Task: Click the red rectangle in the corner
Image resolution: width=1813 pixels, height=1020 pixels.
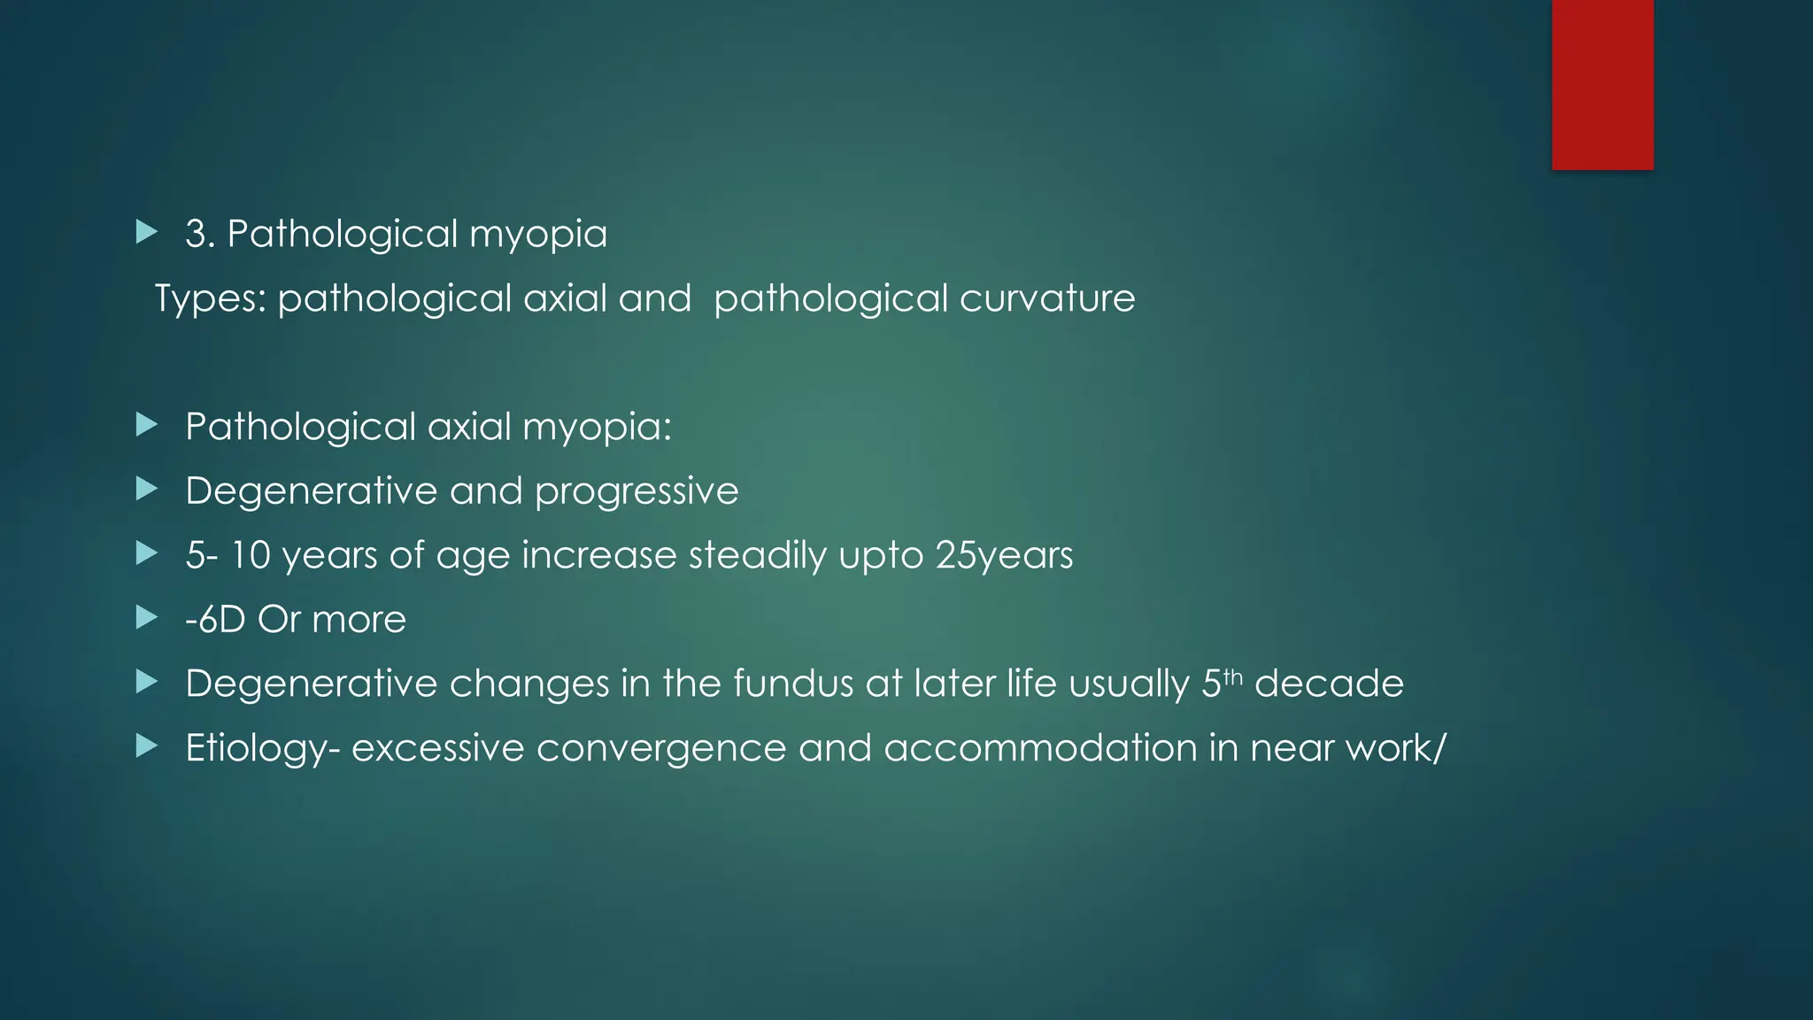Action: click(1602, 84)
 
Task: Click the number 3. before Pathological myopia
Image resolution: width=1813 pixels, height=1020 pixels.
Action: click(199, 235)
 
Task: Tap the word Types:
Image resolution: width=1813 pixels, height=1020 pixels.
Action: click(211, 299)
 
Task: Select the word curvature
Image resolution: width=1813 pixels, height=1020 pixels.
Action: click(1047, 298)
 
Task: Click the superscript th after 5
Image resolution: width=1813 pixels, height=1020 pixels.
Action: click(1233, 677)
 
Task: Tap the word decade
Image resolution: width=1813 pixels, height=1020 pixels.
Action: click(1329, 684)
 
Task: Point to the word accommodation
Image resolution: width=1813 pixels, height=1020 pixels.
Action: click(1040, 748)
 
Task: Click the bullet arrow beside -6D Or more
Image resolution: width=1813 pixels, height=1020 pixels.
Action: click(147, 617)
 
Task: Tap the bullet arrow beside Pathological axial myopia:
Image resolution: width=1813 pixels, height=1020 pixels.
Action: click(147, 425)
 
